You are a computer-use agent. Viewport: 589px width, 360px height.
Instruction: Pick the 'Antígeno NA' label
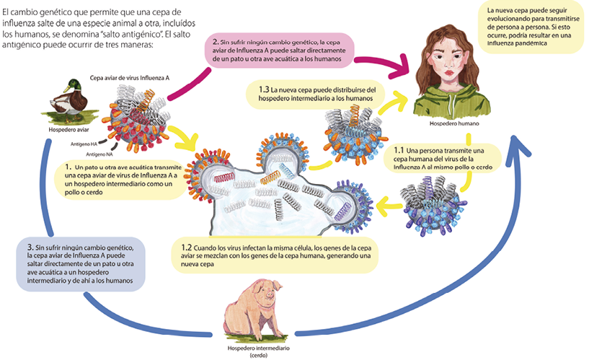point(101,154)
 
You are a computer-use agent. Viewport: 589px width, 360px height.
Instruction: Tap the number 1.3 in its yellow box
point(264,89)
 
